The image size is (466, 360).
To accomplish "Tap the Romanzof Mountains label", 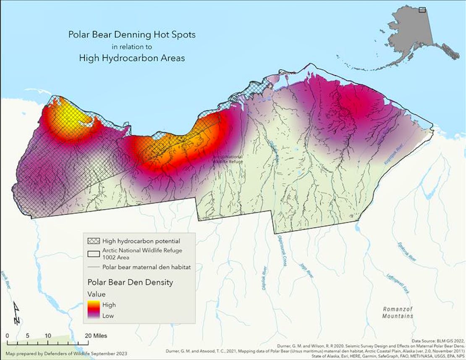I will (397, 313).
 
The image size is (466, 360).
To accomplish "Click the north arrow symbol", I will (16, 313).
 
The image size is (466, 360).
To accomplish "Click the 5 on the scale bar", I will (27, 336).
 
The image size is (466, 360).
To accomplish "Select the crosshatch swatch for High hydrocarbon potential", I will (93, 241).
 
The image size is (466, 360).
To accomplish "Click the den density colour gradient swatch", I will (94, 310).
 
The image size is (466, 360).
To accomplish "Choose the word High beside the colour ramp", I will (109, 305).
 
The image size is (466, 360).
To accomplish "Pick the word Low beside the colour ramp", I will (108, 315).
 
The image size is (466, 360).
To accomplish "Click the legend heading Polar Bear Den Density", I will (130, 283).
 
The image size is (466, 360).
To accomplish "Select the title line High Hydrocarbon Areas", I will (132, 58).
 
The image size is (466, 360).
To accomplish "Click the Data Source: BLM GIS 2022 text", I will (437, 341).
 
